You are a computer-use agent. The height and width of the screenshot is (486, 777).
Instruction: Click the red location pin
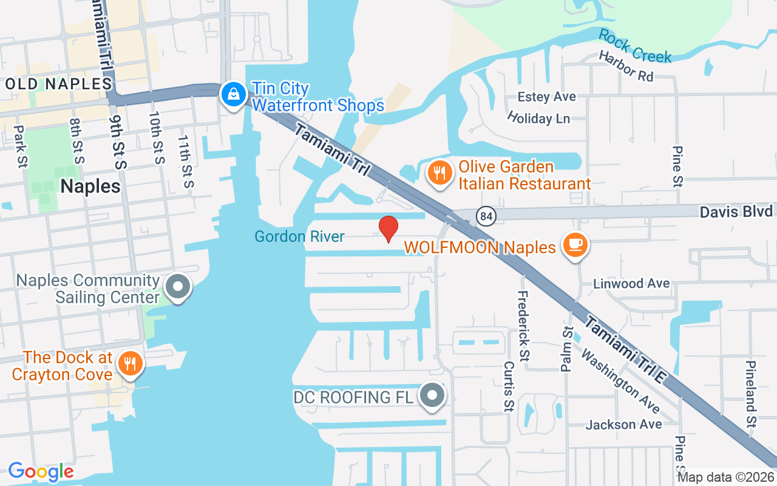click(388, 228)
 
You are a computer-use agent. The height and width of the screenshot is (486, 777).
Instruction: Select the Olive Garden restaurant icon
click(438, 173)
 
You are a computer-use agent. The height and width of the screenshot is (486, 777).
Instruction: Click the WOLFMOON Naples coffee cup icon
click(574, 245)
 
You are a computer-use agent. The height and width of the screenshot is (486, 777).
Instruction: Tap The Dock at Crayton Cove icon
click(129, 364)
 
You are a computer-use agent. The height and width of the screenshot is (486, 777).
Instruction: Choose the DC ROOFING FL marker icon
click(432, 396)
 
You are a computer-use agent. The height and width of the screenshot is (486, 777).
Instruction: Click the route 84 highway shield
click(487, 216)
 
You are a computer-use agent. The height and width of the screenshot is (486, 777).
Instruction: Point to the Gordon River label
click(300, 236)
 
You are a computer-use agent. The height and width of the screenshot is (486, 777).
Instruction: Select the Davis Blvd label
click(736, 211)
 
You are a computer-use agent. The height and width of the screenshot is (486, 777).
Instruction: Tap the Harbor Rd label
click(626, 66)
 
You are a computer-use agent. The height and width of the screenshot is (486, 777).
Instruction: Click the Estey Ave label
click(546, 97)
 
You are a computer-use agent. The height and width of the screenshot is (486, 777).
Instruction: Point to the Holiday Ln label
click(538, 117)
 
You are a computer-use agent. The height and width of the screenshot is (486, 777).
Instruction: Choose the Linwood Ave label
click(631, 283)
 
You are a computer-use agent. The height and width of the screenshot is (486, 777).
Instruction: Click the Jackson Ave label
click(623, 424)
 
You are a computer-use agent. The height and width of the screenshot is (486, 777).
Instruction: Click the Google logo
click(41, 471)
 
